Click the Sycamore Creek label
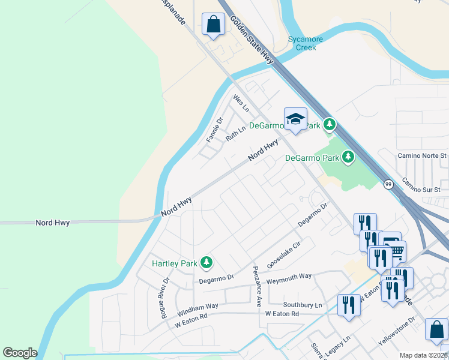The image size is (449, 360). click(306, 43)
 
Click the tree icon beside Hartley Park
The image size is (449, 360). click(206, 262)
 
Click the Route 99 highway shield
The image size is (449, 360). click(389, 185)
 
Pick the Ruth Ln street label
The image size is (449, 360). click(236, 133)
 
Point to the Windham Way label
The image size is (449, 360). click(197, 310)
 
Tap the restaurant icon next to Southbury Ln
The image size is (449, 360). click(348, 304)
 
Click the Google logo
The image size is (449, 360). click(20, 353)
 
